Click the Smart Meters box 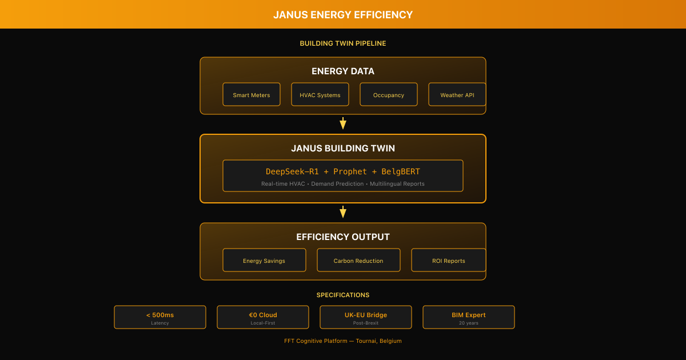tap(252, 94)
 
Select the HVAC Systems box tap(320, 94)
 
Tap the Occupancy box tap(389, 94)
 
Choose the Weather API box tap(457, 94)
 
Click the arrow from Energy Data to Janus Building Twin tap(343, 123)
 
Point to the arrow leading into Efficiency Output tap(343, 212)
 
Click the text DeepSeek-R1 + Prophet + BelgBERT tap(343, 171)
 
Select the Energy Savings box tap(264, 260)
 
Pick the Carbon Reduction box tap(358, 260)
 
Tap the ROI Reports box tap(448, 260)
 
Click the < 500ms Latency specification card tap(160, 317)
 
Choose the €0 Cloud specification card tap(263, 317)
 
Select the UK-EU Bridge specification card tap(366, 317)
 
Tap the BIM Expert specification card tap(469, 317)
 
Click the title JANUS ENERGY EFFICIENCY tap(343, 14)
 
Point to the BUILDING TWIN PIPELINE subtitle tap(343, 43)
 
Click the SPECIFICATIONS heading tap(343, 295)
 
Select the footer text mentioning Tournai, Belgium tap(343, 341)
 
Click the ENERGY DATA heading tap(343, 71)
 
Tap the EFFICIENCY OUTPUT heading tap(343, 237)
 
